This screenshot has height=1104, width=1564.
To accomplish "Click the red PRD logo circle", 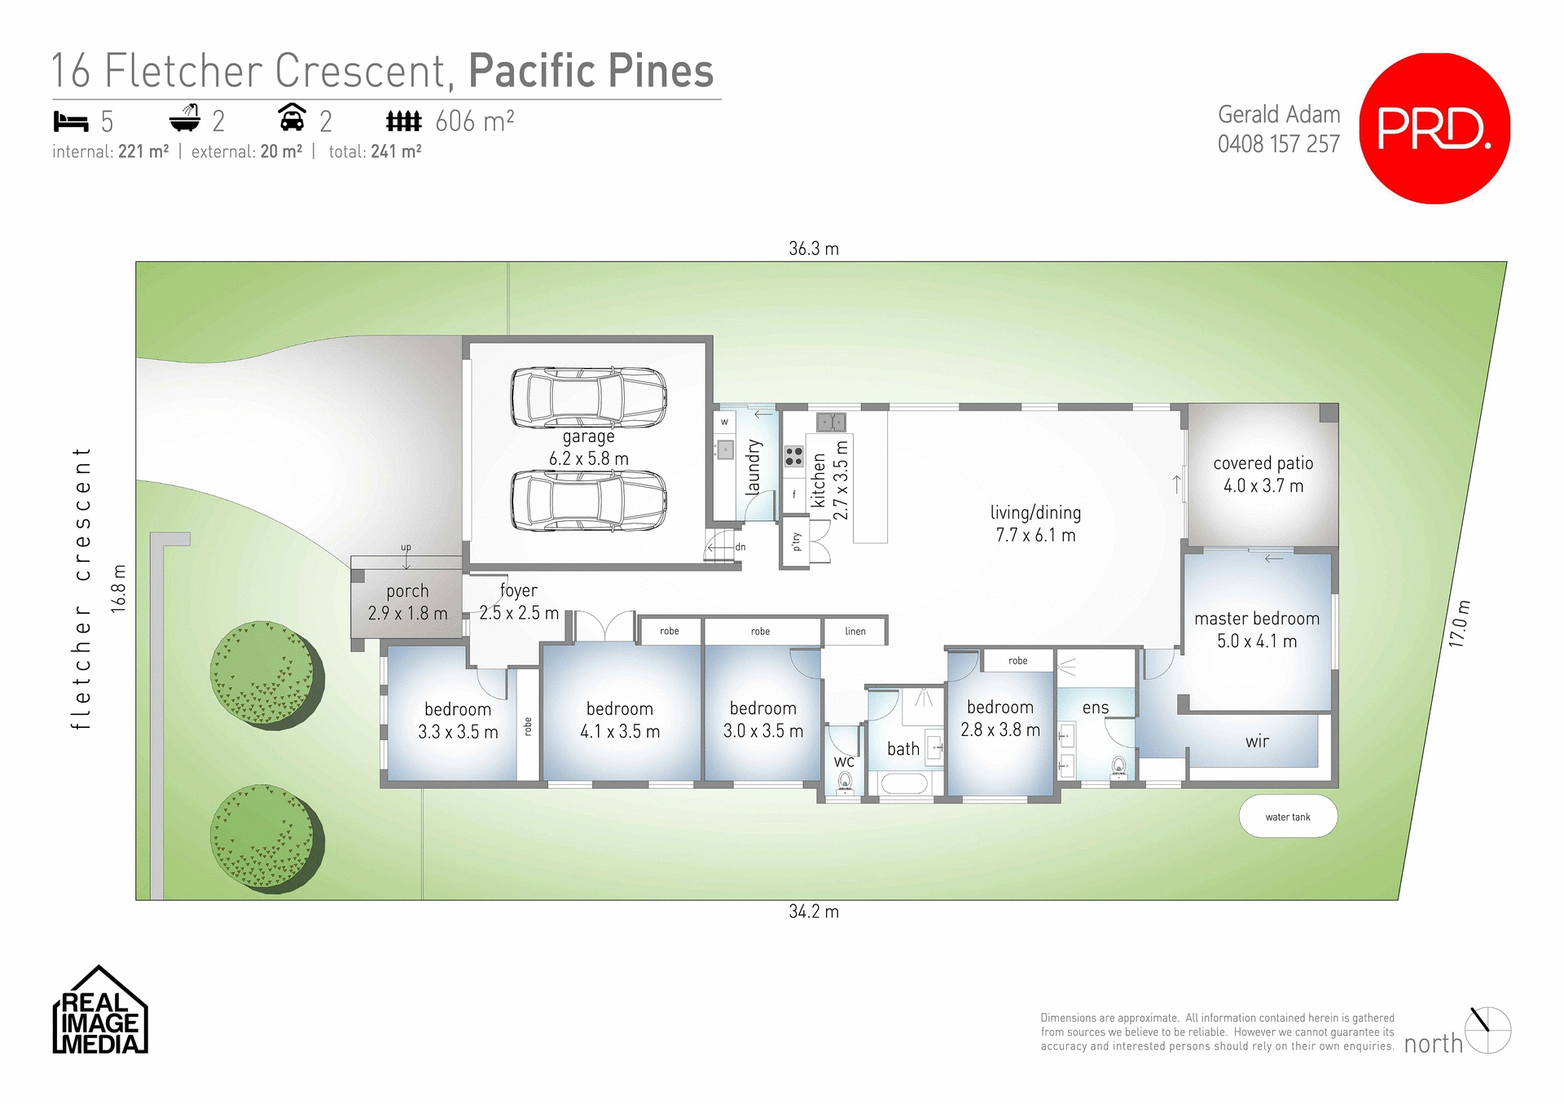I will pyautogui.click(x=1434, y=129).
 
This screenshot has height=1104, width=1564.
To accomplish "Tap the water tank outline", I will pyautogui.click(x=1288, y=817).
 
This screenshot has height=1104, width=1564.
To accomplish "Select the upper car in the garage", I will pyautogui.click(x=588, y=397).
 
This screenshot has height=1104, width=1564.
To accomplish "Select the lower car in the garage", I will pyautogui.click(x=588, y=501).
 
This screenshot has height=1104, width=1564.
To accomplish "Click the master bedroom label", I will pyautogui.click(x=1257, y=619).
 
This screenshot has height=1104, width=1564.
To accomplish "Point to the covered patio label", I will pyautogui.click(x=1263, y=463).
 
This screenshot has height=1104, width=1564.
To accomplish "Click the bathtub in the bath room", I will pyautogui.click(x=904, y=784).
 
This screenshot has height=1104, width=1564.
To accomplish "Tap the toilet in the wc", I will pyautogui.click(x=845, y=782).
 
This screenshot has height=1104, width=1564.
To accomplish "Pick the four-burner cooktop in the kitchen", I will pyautogui.click(x=793, y=456).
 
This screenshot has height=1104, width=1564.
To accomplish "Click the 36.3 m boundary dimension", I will pyautogui.click(x=813, y=249).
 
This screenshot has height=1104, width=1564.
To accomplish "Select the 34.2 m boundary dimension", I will pyautogui.click(x=813, y=912).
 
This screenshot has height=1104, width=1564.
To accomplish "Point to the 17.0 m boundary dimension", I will pyautogui.click(x=1460, y=624).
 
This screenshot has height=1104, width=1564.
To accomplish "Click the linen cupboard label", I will pyautogui.click(x=855, y=631).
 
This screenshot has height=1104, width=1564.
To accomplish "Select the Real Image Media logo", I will pyautogui.click(x=99, y=1011).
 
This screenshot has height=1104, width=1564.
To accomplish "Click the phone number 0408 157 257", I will pyautogui.click(x=1278, y=144).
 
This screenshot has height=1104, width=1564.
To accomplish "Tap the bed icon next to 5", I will pyautogui.click(x=71, y=122).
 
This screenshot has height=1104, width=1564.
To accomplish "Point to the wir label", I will pyautogui.click(x=1257, y=741).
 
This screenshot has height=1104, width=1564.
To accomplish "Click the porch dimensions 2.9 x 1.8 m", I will pyautogui.click(x=407, y=613).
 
